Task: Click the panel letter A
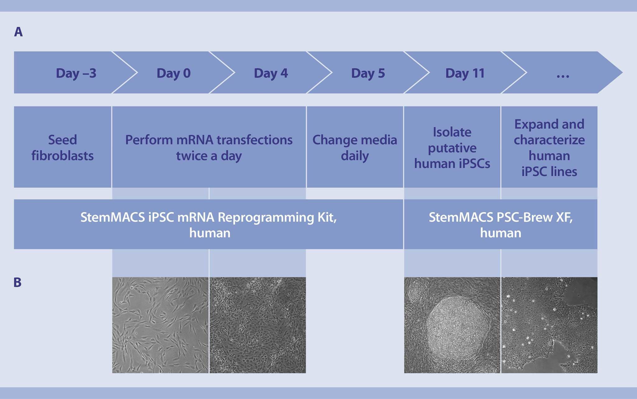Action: [x=18, y=32]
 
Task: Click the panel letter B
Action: [x=17, y=282]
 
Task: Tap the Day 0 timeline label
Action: [x=174, y=73]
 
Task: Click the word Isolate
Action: [x=452, y=132]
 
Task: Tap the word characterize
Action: [x=549, y=140]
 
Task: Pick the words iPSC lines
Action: [x=549, y=172]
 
